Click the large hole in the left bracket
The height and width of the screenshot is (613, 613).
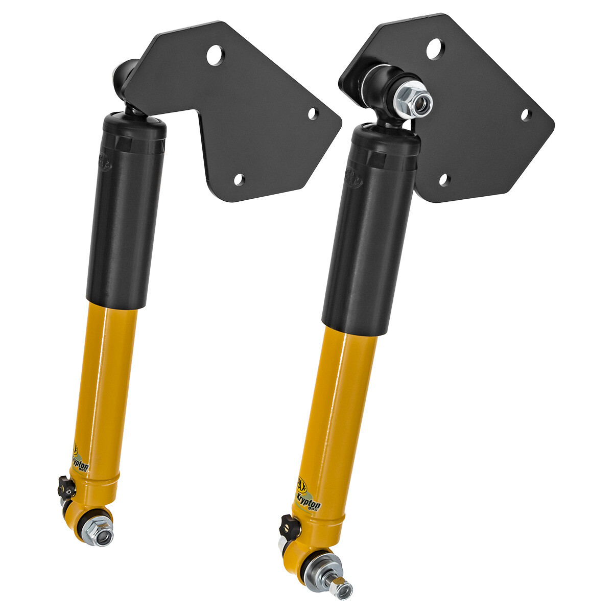[215, 54]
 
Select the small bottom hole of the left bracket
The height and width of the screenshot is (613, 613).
[239, 179]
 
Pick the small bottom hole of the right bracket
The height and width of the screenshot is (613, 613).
[444, 180]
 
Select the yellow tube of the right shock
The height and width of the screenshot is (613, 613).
[340, 409]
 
